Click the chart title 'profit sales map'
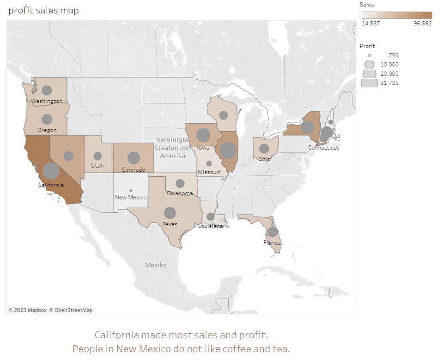(43, 11)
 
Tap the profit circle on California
(51, 171)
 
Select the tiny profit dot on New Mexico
(131, 190)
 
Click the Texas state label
(170, 224)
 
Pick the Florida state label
(272, 242)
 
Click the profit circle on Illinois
(228, 150)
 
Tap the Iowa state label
(203, 148)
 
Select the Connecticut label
(323, 148)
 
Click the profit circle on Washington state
(47, 90)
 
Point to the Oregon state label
(47, 130)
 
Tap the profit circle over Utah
(97, 156)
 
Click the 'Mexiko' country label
(156, 265)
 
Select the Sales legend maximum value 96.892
(422, 24)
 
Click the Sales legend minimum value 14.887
(371, 24)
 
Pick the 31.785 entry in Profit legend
(389, 83)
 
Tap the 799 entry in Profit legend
(393, 55)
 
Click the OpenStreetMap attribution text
(71, 310)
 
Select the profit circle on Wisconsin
(224, 115)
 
